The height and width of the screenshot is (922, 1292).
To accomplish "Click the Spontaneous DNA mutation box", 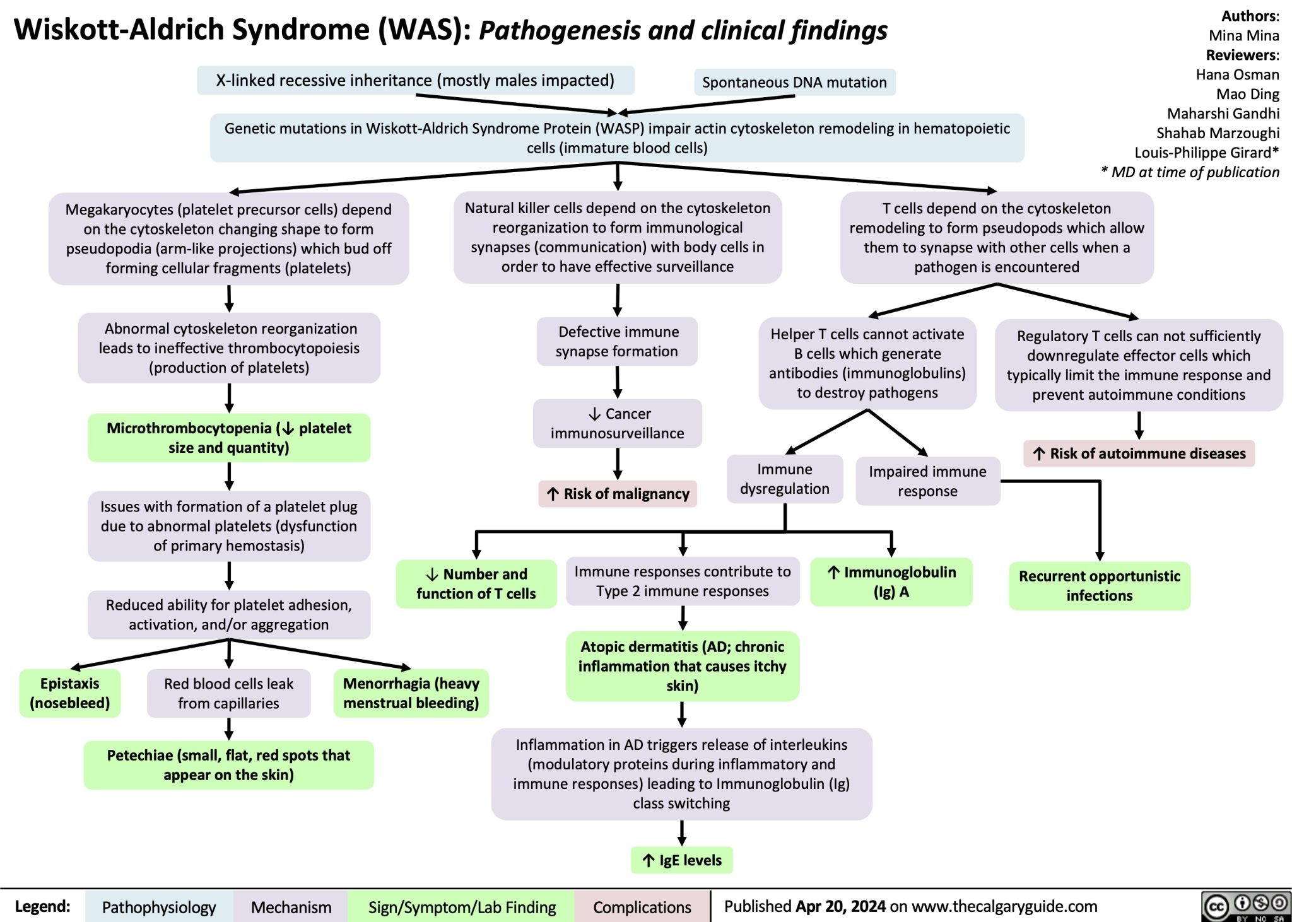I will pyautogui.click(x=794, y=83).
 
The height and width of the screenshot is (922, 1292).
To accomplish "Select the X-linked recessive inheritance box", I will pyautogui.click(x=415, y=81).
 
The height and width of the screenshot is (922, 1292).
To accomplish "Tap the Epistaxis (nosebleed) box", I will pyautogui.click(x=70, y=693).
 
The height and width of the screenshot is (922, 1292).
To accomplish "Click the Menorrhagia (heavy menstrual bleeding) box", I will pyautogui.click(x=411, y=693).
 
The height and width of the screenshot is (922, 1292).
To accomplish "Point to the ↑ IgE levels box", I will pyautogui.click(x=682, y=860).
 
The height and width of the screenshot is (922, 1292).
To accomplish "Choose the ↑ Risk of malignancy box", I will pyautogui.click(x=618, y=494).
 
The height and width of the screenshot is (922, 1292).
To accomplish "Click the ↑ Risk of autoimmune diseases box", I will pyautogui.click(x=1139, y=453).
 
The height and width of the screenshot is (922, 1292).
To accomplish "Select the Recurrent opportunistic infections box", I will pyautogui.click(x=1099, y=586).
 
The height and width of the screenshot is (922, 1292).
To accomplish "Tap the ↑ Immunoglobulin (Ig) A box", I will pyautogui.click(x=891, y=581).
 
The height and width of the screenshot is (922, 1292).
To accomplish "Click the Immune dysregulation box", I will pyautogui.click(x=784, y=479).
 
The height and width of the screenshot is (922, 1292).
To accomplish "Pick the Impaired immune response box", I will pyautogui.click(x=927, y=481).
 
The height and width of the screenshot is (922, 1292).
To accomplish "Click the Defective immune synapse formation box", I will pyautogui.click(x=617, y=342).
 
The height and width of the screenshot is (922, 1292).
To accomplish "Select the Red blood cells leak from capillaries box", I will pyautogui.click(x=228, y=693).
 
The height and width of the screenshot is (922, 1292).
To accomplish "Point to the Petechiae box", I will pyautogui.click(x=228, y=765).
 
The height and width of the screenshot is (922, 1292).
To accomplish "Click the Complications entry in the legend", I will pyautogui.click(x=642, y=907).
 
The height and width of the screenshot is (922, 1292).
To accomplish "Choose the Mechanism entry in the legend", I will pyautogui.click(x=291, y=907).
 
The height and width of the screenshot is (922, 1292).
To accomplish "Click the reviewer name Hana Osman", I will pyautogui.click(x=1237, y=75).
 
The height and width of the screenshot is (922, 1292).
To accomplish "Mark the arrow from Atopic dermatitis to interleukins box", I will pyautogui.click(x=682, y=715).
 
